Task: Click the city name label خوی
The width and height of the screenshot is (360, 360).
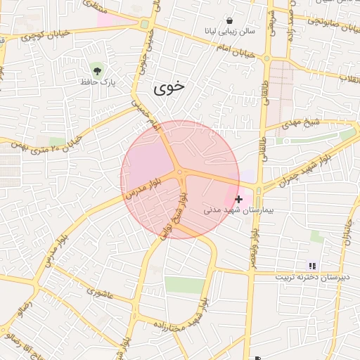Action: (169, 87)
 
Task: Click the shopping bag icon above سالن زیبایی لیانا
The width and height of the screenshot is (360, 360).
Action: (230, 20)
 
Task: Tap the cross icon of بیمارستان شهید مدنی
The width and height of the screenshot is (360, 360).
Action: (239, 200)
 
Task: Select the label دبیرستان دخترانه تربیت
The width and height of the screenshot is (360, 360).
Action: (311, 277)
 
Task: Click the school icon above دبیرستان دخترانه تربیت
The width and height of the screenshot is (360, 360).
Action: (311, 266)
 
